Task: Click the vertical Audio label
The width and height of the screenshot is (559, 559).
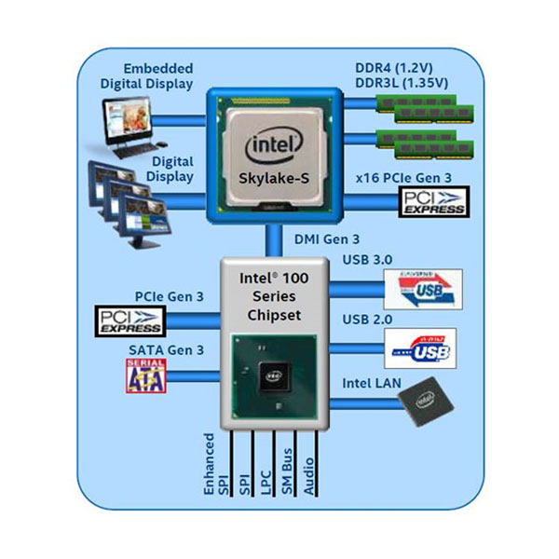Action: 310,475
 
